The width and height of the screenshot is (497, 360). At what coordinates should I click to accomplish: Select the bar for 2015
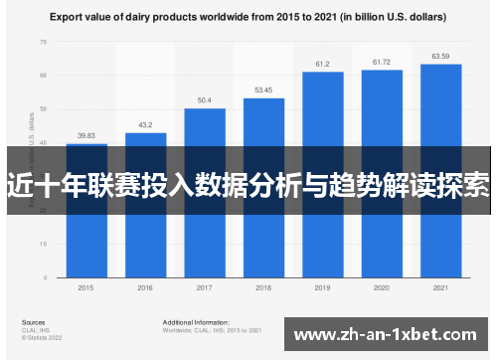click(x=86, y=239)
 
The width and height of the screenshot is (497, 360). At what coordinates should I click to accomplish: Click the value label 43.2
click(x=145, y=125)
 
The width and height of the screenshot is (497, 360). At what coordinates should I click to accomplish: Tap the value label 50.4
click(x=204, y=100)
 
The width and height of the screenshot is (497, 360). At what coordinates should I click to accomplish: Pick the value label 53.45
click(x=263, y=90)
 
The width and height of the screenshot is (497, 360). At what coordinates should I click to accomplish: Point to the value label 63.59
click(x=440, y=57)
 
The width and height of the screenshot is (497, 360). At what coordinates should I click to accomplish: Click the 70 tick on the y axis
click(x=43, y=43)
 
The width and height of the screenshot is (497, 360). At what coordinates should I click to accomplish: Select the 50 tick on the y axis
click(x=43, y=110)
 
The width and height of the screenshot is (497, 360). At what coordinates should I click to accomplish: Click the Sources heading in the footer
click(x=33, y=323)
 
